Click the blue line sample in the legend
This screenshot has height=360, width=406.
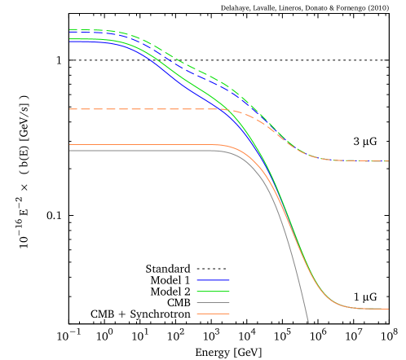click(213, 280)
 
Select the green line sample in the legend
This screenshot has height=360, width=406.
click(213, 292)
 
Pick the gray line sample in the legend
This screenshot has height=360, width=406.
click(213, 302)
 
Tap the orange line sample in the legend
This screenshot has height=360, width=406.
click(213, 314)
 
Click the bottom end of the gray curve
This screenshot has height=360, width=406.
click(308, 323)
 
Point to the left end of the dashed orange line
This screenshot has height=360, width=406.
click(70, 109)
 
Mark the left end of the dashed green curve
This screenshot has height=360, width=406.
click(70, 29)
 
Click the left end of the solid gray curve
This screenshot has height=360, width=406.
click(70, 151)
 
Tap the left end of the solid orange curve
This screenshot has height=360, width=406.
click(70, 145)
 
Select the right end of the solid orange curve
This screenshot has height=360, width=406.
click(388, 309)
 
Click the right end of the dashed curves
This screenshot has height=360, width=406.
click(388, 161)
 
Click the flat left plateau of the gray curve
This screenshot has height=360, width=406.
click(139, 151)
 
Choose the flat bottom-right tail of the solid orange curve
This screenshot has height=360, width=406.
click(367, 309)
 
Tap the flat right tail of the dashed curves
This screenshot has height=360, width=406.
click(359, 160)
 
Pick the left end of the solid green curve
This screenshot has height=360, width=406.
click(70, 38)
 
